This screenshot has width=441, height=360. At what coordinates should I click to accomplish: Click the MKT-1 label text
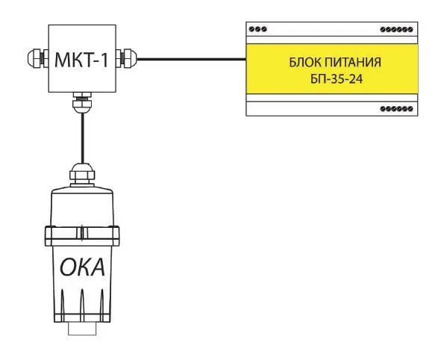pos(81,60)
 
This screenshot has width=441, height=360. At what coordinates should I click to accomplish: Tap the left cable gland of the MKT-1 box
pos(38,58)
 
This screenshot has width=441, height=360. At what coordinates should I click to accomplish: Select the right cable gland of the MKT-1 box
pos(127,58)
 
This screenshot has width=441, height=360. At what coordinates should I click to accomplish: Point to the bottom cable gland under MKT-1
pos(82,102)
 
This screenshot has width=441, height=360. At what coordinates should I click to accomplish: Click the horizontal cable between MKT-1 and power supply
pos(192,59)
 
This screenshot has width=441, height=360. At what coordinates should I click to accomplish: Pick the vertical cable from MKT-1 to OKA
pos(82,138)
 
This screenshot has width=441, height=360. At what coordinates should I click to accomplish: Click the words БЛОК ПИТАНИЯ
pos(335,62)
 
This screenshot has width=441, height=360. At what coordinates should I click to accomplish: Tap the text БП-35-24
pos(337,79)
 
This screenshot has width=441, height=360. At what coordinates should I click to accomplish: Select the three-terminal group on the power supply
pos(258,29)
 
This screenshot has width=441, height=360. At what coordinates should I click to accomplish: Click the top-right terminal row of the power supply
pos(396,29)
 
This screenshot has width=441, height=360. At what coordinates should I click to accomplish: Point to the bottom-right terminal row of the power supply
pos(396,108)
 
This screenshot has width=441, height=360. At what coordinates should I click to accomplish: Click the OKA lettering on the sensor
pos(82,267)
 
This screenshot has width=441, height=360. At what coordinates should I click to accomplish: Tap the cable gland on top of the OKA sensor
pos(82,175)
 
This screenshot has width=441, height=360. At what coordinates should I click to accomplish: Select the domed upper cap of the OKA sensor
pos(82,206)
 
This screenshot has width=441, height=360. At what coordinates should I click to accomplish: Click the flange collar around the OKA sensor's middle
pos(82,236)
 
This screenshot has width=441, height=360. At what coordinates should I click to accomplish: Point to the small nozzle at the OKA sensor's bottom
pos(82,329)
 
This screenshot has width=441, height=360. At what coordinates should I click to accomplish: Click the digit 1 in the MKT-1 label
pos(104,60)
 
